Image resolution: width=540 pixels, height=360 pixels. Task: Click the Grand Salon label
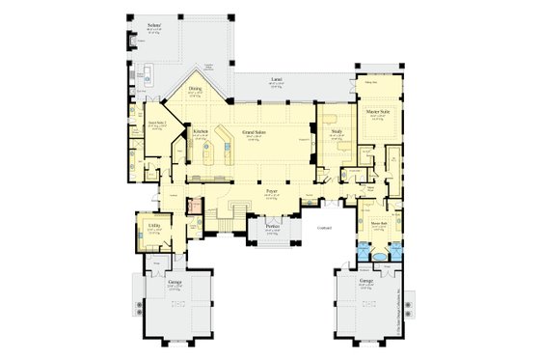click(267, 130)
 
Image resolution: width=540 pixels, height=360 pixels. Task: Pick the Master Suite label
click(377, 112)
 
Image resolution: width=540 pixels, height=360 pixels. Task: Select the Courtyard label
click(323, 228)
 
